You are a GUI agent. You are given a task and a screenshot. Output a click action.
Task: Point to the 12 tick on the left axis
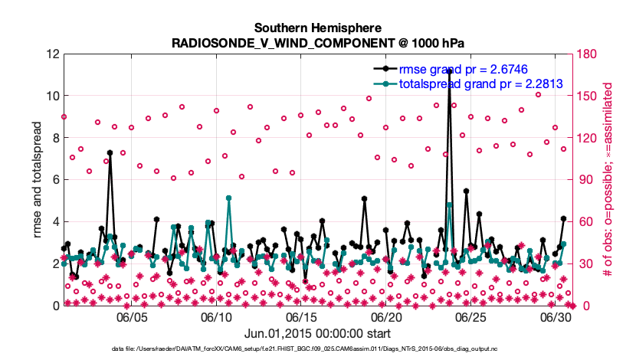pos(52,54)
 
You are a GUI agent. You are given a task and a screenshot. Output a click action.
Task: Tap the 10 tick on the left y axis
pos(52,97)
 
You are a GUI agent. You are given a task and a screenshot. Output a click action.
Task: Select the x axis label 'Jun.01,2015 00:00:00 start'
pos(317,334)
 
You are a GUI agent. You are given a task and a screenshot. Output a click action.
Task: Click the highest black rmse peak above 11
pos(450,70)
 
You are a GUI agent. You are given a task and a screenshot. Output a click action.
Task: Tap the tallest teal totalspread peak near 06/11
pos(229,198)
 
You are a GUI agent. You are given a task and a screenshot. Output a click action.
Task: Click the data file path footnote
pos(317,349)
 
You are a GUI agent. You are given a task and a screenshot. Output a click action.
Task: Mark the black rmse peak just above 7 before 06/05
pos(110,153)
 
